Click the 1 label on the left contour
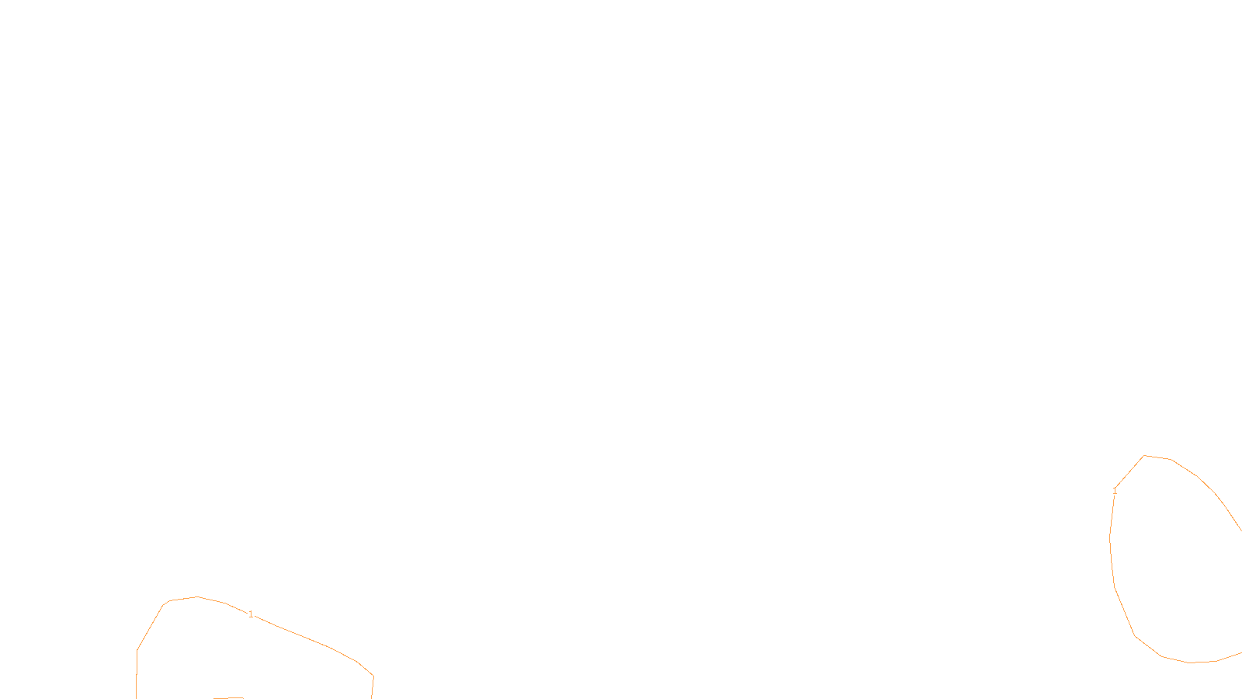(x=251, y=614)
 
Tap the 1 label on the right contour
(x=1115, y=491)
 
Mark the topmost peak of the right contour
(x=1143, y=456)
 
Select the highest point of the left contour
(x=197, y=596)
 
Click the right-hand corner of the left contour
(x=373, y=676)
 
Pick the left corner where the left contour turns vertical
(x=137, y=650)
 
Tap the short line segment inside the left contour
(x=228, y=697)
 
